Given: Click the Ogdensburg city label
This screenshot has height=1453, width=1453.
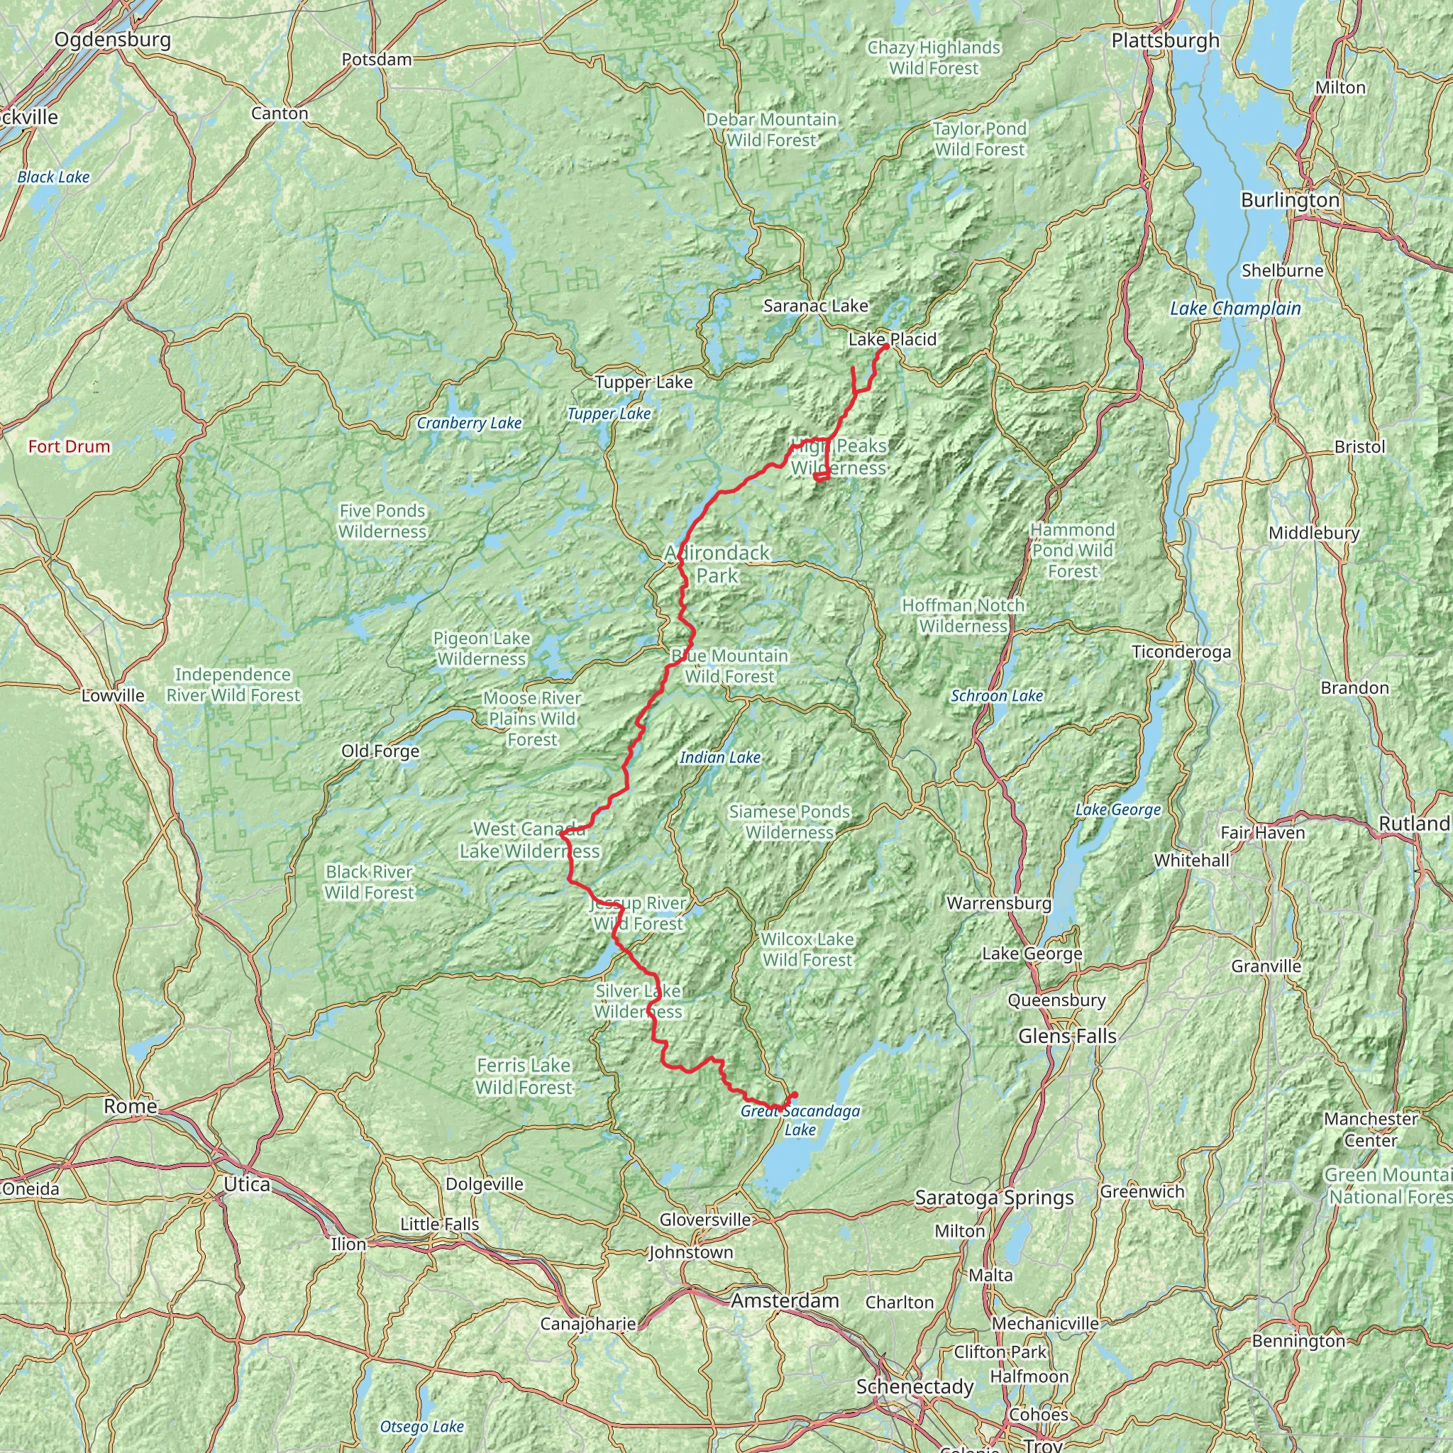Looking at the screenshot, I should [x=112, y=39].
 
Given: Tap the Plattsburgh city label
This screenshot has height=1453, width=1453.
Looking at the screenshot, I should [x=1165, y=40].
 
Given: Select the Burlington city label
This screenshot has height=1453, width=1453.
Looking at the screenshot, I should [x=1290, y=200].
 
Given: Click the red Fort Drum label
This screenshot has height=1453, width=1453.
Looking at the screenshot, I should [x=70, y=447].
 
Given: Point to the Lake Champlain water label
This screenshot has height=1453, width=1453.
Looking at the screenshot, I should [x=1235, y=309].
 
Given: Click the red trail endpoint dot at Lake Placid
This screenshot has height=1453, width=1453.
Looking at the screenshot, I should [x=887, y=346].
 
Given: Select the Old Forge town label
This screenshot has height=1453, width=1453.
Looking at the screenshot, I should [x=380, y=751].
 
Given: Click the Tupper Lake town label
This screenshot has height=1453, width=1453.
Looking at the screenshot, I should [x=643, y=382].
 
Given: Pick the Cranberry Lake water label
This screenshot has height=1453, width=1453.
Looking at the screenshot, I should [x=469, y=424].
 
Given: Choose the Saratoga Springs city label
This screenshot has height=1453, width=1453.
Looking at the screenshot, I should [x=994, y=1198].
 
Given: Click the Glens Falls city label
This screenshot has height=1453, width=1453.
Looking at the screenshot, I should [x=1067, y=1037].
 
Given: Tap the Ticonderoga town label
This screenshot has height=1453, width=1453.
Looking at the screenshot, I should [x=1181, y=652].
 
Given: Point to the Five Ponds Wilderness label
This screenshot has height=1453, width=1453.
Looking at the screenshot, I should [x=382, y=521].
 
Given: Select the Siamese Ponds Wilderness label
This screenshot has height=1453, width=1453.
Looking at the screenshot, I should [x=790, y=822].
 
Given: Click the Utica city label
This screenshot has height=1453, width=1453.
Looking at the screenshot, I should [x=247, y=1186].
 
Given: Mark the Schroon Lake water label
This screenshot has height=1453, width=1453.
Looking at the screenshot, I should [x=997, y=697].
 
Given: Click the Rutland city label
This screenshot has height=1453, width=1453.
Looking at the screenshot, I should [x=1414, y=824].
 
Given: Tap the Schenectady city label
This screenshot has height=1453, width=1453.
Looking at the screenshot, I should [x=915, y=1387].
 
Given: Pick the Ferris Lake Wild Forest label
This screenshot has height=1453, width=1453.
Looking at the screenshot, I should [x=524, y=1076].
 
